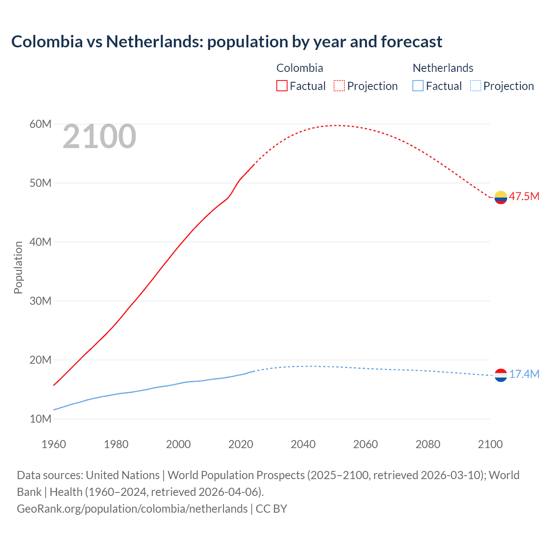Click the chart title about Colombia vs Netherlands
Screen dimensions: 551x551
(x=226, y=42)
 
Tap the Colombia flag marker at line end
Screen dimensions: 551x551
(x=501, y=197)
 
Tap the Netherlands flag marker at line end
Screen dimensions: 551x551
(x=501, y=375)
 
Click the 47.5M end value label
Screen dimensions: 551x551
(x=524, y=197)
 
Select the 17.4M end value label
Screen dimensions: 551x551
(x=524, y=374)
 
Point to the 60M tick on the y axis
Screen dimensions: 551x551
(x=40, y=124)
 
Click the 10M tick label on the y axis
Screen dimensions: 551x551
(x=40, y=419)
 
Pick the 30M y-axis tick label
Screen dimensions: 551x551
(x=40, y=301)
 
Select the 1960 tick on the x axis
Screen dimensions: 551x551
(x=54, y=444)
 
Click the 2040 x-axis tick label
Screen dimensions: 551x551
(x=303, y=444)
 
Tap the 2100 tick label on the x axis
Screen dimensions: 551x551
(x=490, y=444)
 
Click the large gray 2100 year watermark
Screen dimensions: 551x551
(x=99, y=136)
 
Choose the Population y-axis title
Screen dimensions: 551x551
(x=18, y=267)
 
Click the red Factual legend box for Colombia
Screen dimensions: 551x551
(x=282, y=86)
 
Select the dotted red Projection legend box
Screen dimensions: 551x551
(x=339, y=86)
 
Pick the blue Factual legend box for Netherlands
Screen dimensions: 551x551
(x=418, y=86)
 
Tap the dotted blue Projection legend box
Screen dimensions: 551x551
(x=475, y=86)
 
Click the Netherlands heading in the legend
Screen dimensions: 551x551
(x=443, y=68)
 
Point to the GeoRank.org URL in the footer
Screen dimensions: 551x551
(x=132, y=509)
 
